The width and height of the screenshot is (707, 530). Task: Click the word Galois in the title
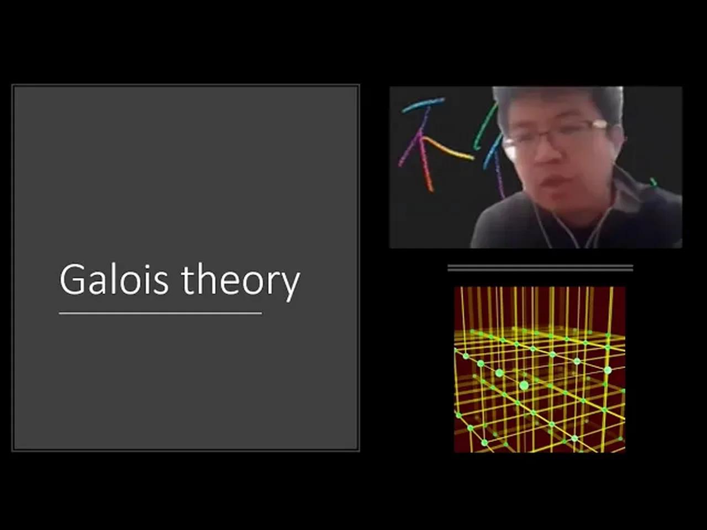click(114, 279)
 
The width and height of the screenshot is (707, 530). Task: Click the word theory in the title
click(241, 280)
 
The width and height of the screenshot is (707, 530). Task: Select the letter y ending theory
click(290, 284)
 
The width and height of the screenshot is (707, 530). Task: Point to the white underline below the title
click(160, 313)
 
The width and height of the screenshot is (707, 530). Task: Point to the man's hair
click(558, 99)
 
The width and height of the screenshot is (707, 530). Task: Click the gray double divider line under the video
click(540, 268)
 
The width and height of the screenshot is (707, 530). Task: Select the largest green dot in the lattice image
click(524, 385)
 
